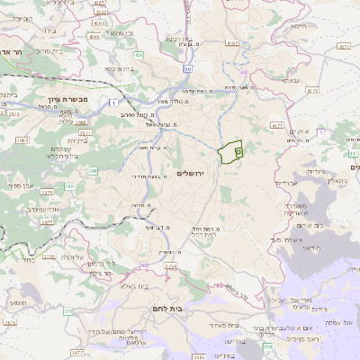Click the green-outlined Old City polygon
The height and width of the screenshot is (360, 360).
click(x=231, y=152)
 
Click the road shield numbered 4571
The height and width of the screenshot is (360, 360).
click(x=341, y=46)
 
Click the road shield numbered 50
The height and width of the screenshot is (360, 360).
click(x=187, y=68)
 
